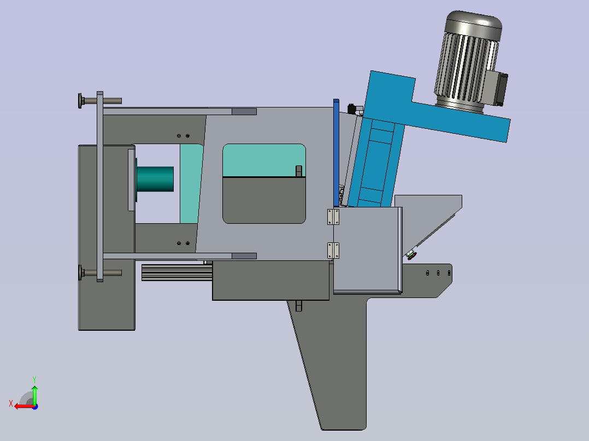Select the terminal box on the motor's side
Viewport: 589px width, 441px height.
pos(496,88)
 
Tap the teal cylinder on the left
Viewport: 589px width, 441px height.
pos(155,179)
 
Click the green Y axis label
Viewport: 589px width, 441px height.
pos(34,380)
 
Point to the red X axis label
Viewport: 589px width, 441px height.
pos(11,404)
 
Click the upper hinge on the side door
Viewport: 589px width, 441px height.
pos(333,217)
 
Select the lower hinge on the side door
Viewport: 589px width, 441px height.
pos(333,251)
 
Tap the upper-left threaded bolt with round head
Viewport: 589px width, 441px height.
pos(100,100)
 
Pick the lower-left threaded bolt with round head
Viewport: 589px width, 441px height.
pos(100,273)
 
